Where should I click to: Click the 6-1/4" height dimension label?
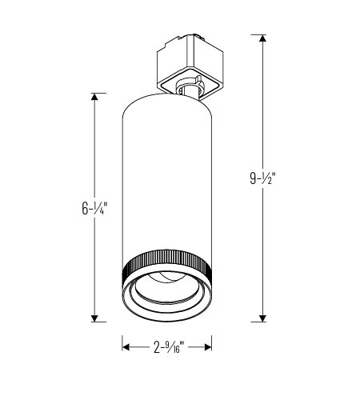point(94,210)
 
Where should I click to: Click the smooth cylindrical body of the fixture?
point(166,176)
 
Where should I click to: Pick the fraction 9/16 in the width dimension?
point(174,347)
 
